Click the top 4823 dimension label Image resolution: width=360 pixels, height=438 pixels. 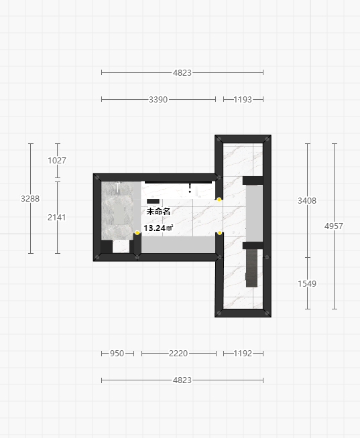tap(182, 72)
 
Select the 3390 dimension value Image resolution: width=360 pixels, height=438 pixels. tap(158, 99)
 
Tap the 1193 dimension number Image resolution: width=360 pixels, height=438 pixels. tap(243, 99)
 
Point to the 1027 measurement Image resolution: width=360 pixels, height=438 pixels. tap(57, 160)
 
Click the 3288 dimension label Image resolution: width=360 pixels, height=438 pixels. tap(30, 199)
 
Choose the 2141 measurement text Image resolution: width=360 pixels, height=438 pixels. tap(57, 217)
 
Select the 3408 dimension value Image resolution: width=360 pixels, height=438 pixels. tap(307, 200)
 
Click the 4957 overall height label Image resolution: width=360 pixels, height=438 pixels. tap(334, 226)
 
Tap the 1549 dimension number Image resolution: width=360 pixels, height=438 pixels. tap(307, 283)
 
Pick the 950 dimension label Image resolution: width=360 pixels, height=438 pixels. tap(117, 354)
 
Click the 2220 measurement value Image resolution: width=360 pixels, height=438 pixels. tap(178, 354)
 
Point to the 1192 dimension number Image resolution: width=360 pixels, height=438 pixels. tap(243, 354)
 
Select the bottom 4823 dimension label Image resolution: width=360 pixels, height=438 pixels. tap(182, 380)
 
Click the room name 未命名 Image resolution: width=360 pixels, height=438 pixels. tap(158, 212)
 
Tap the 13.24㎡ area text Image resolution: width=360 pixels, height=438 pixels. tap(158, 228)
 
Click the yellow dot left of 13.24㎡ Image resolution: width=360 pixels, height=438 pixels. tap(137, 232)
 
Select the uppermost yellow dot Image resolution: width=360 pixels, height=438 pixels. tap(219, 200)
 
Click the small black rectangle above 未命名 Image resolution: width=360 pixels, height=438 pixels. tap(153, 201)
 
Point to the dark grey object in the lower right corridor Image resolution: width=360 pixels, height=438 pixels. tap(251, 268)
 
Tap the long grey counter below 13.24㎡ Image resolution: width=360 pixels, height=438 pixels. tap(178, 244)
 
